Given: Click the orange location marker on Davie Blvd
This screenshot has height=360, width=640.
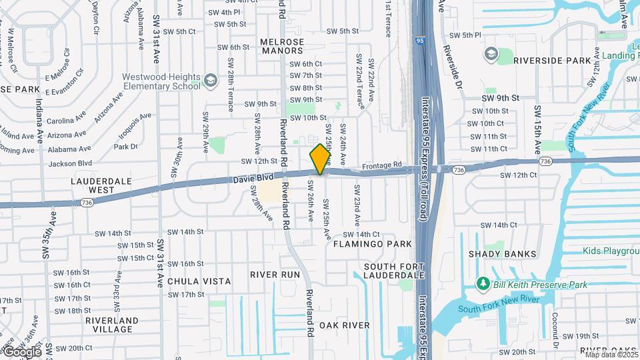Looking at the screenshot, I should [x=321, y=159].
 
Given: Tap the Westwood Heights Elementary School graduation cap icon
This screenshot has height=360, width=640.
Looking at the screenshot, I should [x=211, y=81].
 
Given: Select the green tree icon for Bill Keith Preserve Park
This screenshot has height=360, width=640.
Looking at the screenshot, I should [x=483, y=285].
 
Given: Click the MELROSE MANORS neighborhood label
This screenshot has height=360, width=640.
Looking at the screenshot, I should [x=282, y=46].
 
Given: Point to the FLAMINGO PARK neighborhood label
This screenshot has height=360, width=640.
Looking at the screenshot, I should [x=373, y=244].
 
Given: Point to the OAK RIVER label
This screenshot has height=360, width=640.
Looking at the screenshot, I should [x=344, y=325].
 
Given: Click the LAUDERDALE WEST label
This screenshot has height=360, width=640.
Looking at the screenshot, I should [x=93, y=185].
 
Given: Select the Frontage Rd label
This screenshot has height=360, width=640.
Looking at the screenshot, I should [x=382, y=165].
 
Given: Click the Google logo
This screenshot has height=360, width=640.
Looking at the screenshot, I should [x=21, y=351].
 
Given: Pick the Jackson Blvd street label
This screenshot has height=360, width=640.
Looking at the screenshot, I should [x=70, y=163].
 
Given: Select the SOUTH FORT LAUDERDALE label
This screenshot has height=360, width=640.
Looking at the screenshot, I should [x=394, y=270].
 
